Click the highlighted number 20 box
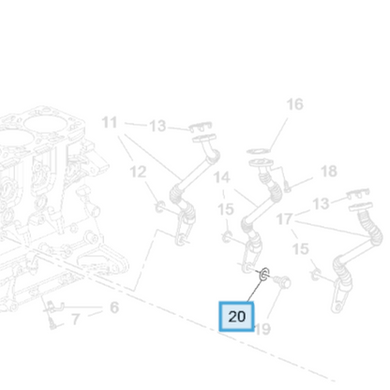236,316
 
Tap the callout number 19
262,329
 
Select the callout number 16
294,104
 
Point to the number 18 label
329,172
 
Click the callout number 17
284,219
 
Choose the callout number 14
221,177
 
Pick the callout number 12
138,172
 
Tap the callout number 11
110,122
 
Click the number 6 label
114,307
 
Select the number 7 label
75,320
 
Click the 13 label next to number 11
157,127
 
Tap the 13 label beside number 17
321,203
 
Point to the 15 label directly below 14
226,209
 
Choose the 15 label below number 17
300,249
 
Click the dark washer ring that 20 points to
264,274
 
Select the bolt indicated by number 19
282,281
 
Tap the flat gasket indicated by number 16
258,152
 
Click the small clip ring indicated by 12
159,206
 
